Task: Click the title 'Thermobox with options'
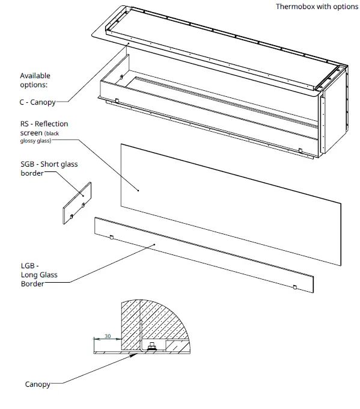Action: (x=317, y=7)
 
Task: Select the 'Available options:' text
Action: (x=35, y=80)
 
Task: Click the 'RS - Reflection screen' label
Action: (x=44, y=128)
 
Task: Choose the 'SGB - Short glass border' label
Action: (x=49, y=168)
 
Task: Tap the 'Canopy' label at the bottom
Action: (x=38, y=384)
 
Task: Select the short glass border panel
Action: (x=77, y=204)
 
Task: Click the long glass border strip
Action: (x=204, y=256)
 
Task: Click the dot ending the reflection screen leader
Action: (x=138, y=191)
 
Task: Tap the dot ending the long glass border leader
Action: (x=155, y=244)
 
